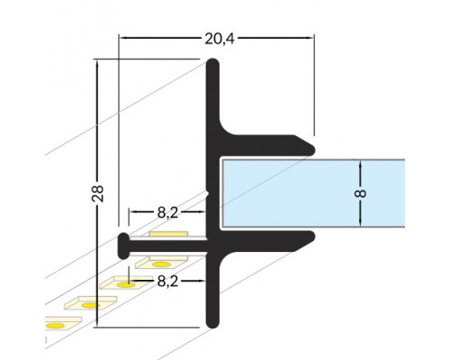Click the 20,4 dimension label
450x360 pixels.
click(217, 38)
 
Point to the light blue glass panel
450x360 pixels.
click(306, 193)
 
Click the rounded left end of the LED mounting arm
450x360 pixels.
click(121, 243)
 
